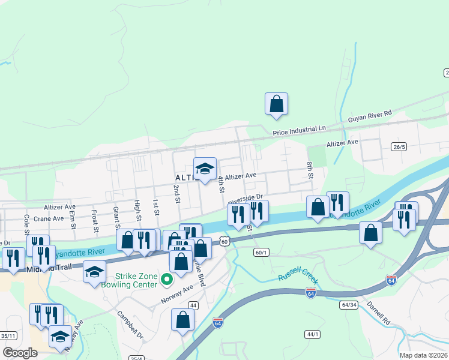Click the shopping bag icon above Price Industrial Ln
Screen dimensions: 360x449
coord(276,104)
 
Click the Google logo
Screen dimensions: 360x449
coord(20,353)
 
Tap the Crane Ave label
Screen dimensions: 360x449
coord(49,218)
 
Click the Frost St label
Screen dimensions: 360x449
coord(95,221)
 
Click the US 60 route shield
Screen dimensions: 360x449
coord(223,241)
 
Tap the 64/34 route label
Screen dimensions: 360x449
coord(349,305)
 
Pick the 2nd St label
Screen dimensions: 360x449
coord(177,194)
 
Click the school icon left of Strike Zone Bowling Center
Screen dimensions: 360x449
coord(94,272)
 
